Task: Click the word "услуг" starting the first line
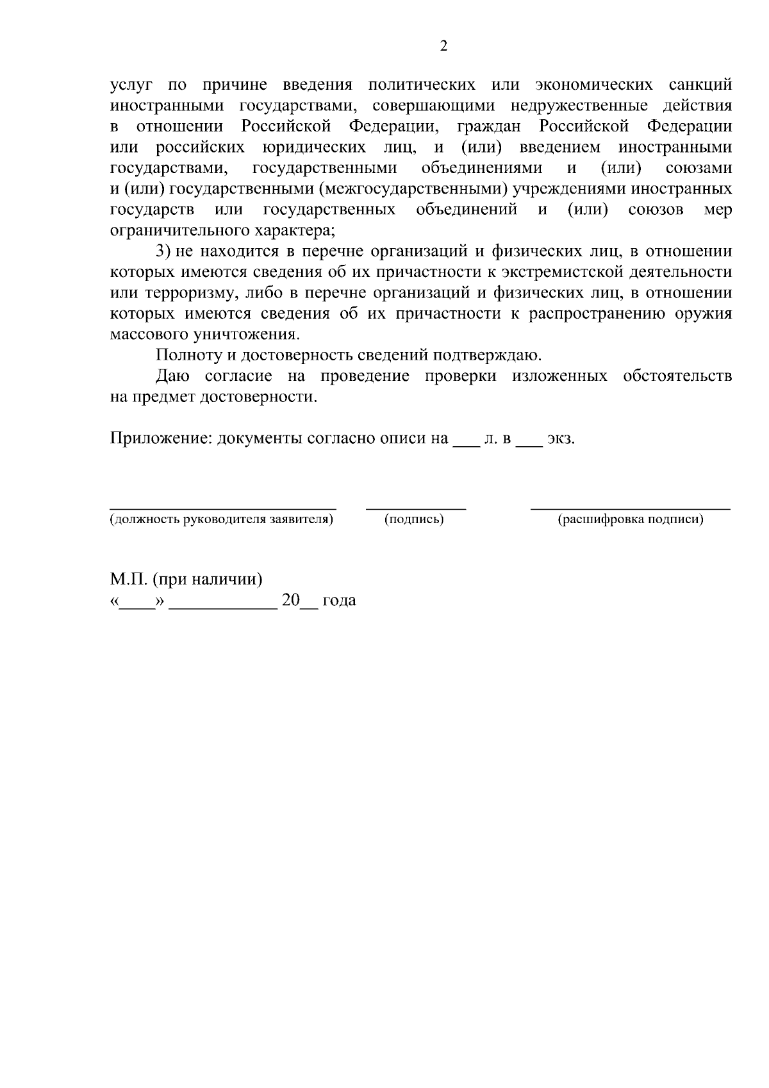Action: pyautogui.click(x=131, y=85)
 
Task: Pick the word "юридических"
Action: pyautogui.click(x=314, y=147)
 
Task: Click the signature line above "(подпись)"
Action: pyautogui.click(x=415, y=507)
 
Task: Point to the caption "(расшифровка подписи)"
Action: pyautogui.click(x=631, y=519)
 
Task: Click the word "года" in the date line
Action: pyautogui.click(x=339, y=601)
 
